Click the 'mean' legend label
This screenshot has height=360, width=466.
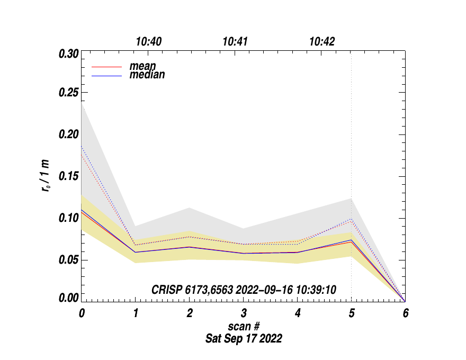pos(142,67)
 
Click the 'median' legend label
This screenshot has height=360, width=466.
pos(147,75)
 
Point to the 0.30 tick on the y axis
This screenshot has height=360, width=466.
pos(68,53)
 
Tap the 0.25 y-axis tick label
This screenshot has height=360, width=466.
pos(68,93)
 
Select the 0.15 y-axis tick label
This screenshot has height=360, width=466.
pos(68,176)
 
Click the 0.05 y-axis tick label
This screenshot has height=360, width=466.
pos(68,260)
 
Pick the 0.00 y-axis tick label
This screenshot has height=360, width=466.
pos(68,298)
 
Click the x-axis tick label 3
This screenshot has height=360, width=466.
pos(243,313)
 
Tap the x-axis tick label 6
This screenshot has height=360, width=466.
pos(405,313)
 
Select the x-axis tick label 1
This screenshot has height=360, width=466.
pos(136,313)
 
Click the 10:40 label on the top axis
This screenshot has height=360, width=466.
pos(149,42)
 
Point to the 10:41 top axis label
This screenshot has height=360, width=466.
pos(235,42)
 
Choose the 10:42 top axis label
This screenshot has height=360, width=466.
pos(322,42)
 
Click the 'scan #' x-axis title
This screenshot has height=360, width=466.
pos(243,326)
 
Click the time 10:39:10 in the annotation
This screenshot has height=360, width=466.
pos(317,290)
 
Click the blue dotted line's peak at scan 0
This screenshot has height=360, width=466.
pos(82,146)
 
